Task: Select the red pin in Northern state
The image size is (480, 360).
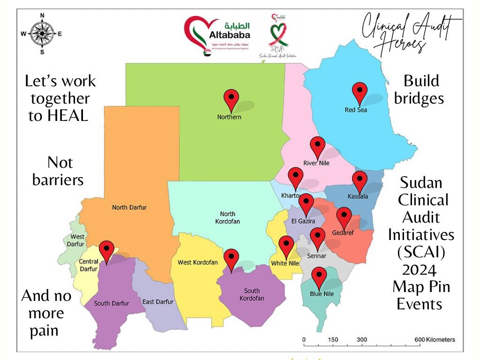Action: [232, 99]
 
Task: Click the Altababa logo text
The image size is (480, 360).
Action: [228, 34]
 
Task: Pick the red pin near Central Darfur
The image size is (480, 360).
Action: [107, 252]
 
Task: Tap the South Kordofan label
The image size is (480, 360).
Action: [252, 294]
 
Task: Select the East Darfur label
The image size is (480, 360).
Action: [158, 302]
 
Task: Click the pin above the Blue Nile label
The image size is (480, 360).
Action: [319, 277]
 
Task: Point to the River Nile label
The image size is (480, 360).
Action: [316, 163]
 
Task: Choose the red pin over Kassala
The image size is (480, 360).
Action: [360, 181]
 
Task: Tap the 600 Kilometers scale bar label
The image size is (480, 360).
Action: [435, 339]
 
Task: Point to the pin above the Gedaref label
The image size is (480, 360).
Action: [344, 217]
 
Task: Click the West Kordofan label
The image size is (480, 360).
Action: [198, 262]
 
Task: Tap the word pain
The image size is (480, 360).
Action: [44, 330]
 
